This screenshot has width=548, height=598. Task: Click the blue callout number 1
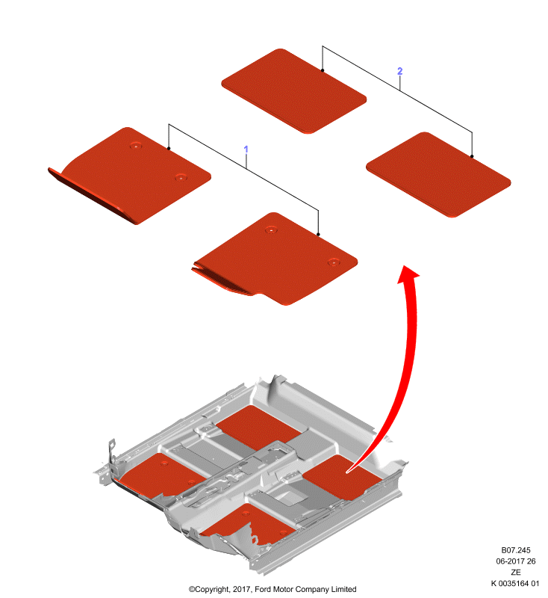[246, 149]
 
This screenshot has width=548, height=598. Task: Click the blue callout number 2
[400, 71]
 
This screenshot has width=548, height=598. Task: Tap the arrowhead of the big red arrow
[408, 274]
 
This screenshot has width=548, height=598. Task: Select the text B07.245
[516, 550]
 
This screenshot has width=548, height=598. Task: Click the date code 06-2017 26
[516, 561]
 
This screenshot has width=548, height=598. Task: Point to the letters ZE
[516, 572]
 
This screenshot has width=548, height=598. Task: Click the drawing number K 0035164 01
[515, 583]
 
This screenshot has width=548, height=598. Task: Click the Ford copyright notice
[273, 589]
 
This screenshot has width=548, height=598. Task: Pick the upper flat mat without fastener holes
[293, 91]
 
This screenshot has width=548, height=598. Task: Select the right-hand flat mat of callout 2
[438, 175]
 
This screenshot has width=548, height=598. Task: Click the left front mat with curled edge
[129, 176]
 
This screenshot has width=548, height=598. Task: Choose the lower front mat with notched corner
[275, 259]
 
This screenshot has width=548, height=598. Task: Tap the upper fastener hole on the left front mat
[136, 145]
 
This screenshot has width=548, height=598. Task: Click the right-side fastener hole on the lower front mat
[334, 262]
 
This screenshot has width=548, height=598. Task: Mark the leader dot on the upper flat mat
[323, 70]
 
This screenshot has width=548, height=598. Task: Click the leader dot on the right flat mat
[472, 156]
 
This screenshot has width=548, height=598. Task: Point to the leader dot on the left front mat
[169, 148]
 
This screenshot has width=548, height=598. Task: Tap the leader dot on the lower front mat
[318, 234]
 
